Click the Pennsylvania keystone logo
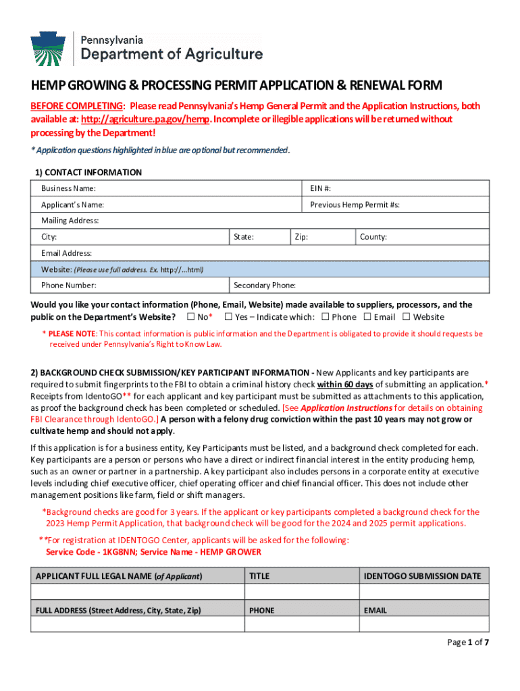tap(48, 49)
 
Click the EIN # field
tap(395, 188)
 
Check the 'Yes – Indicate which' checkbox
tap(228, 317)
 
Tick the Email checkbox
tap(367, 317)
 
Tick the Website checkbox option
tap(407, 317)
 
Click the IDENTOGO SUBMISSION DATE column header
tap(423, 576)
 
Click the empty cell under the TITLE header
tap(301, 592)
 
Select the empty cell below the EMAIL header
tap(423, 625)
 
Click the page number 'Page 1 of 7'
tap(468, 642)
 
